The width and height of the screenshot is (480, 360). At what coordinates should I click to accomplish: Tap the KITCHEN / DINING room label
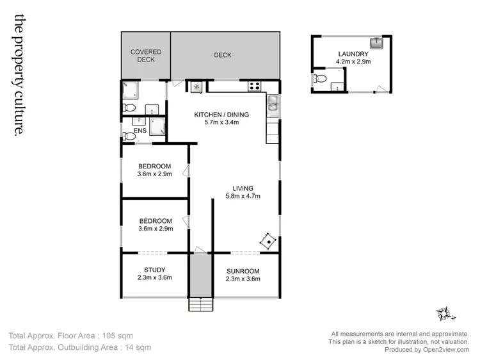221,115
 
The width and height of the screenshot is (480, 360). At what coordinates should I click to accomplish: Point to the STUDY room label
154,270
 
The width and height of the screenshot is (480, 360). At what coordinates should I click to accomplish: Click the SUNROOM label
243,270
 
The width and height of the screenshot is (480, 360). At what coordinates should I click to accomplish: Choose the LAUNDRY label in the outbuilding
352,54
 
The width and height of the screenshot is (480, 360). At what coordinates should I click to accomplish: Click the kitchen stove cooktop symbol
255,86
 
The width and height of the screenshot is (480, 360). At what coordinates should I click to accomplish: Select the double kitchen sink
273,102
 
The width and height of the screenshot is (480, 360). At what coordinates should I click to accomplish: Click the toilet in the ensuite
130,135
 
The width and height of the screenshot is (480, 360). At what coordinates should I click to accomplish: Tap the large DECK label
222,55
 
